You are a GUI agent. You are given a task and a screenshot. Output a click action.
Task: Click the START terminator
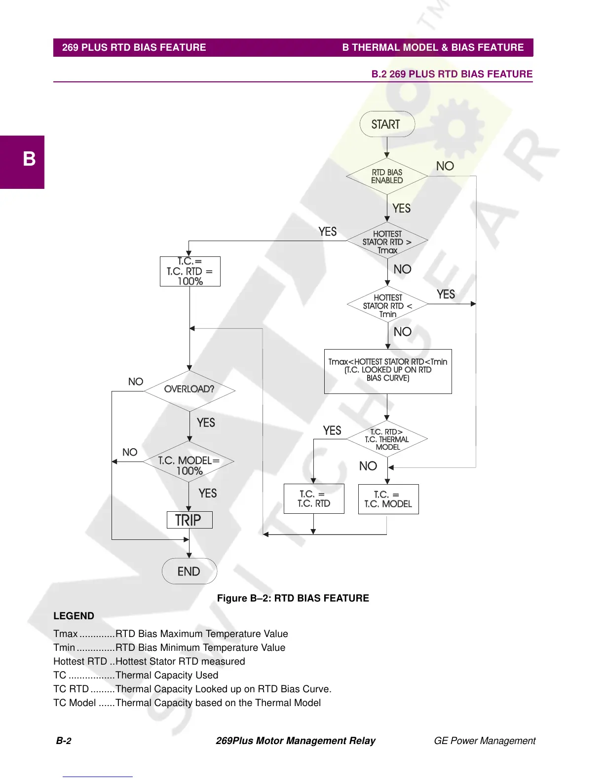(387, 124)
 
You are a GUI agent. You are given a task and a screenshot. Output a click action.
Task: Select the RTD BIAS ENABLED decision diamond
(387, 176)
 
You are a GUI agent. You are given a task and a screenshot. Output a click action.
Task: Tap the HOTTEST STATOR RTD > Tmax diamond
(387, 242)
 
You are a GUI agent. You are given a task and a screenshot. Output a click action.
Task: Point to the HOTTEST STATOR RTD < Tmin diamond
(387, 305)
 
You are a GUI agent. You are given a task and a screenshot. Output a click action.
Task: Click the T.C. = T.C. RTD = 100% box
(190, 271)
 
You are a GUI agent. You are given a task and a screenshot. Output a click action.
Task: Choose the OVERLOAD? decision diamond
(189, 390)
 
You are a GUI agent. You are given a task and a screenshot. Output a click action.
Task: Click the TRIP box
(189, 520)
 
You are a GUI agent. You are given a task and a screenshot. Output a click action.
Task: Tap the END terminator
(189, 571)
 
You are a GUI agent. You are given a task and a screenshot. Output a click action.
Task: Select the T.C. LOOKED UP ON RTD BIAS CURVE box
(388, 371)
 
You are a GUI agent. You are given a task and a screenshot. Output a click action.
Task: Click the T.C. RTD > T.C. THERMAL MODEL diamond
(387, 439)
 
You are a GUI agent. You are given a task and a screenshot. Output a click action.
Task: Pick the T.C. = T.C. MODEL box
(388, 499)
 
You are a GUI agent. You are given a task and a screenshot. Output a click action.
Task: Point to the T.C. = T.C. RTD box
(314, 498)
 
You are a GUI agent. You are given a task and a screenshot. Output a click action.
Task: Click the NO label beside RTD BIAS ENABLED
(445, 166)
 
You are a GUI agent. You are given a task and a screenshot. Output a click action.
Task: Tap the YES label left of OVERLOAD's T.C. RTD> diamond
(332, 430)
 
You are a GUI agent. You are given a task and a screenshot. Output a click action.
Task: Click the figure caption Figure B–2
(293, 598)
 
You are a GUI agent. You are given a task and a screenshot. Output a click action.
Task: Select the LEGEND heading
(74, 616)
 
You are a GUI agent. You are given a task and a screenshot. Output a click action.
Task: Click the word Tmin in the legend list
(64, 647)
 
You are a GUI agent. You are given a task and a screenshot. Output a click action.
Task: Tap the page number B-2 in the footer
(64, 741)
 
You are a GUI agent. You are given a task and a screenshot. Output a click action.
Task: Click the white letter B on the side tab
(29, 159)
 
